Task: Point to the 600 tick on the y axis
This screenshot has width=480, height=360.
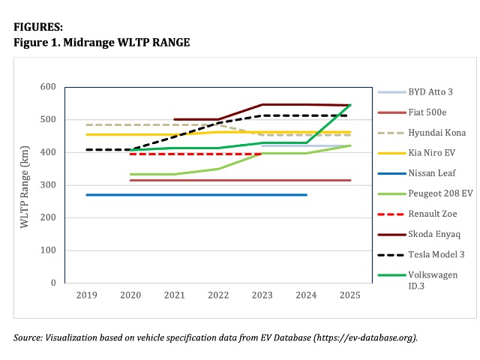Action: click(48, 87)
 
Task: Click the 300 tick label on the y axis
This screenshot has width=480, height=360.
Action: click(48, 185)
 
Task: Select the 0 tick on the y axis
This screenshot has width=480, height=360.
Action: click(53, 283)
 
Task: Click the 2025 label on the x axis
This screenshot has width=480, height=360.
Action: click(349, 295)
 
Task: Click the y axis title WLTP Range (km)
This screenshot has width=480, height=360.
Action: click(25, 185)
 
